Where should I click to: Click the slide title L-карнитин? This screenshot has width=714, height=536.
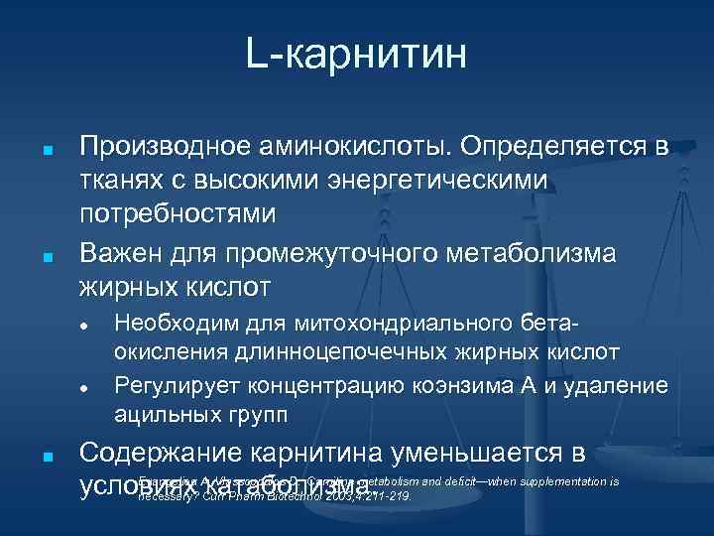point(357,55)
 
